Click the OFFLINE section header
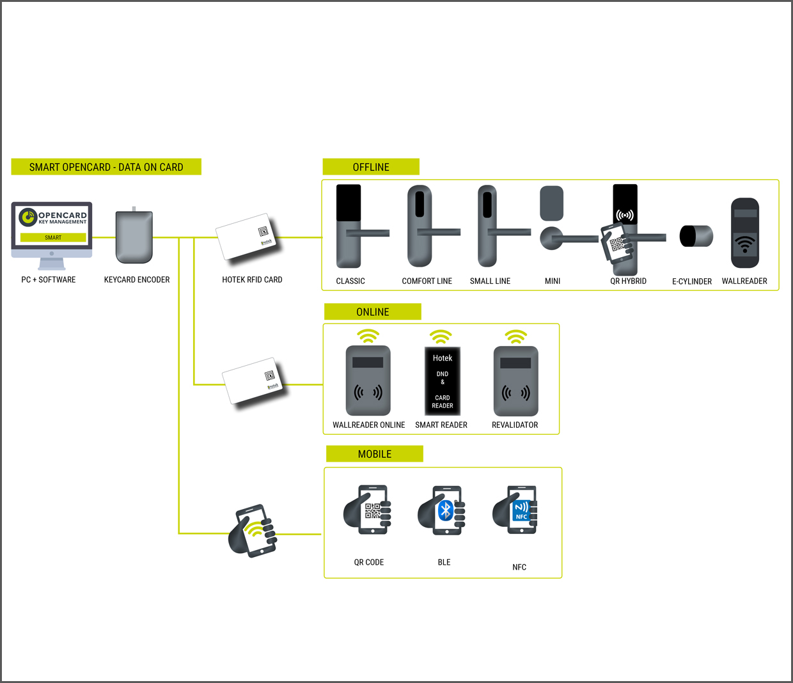tap(371, 167)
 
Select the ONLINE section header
tap(373, 312)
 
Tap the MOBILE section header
tap(375, 454)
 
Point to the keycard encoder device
tap(134, 237)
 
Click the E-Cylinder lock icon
tap(696, 236)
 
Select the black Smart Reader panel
tap(443, 381)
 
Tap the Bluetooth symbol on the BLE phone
tap(446, 510)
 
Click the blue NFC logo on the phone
tap(521, 511)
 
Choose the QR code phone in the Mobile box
tap(369, 510)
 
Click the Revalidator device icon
tap(515, 381)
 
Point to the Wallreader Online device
tap(368, 381)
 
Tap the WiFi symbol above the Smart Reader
tap(441, 336)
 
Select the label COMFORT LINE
tap(427, 281)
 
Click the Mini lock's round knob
tap(551, 239)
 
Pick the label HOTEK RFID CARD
tap(252, 280)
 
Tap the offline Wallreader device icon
tap(745, 233)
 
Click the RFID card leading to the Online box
tap(252, 381)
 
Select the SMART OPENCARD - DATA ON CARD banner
tap(106, 167)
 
